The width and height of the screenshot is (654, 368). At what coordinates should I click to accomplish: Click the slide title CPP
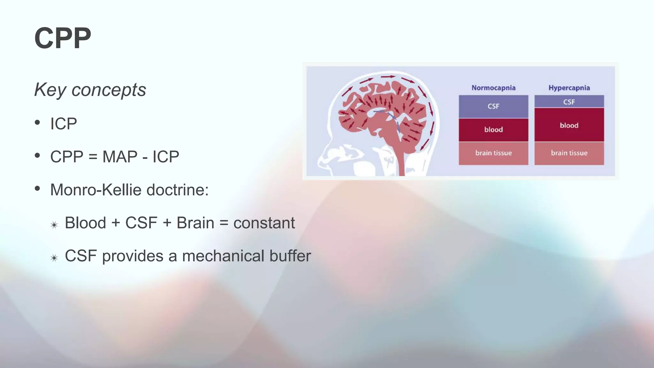coord(63,38)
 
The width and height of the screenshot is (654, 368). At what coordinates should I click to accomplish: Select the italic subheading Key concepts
coord(90,90)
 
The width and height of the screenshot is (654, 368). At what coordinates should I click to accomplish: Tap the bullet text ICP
coord(64,124)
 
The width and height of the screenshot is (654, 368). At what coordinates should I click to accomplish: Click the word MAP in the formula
coord(120,157)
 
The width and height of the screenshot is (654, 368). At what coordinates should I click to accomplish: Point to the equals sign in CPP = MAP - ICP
coord(93,157)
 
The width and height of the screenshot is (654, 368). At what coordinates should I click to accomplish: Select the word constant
coord(264,223)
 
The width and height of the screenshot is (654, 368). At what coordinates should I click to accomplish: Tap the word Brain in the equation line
coord(195,223)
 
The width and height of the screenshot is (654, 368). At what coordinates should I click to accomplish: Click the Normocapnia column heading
coord(493,88)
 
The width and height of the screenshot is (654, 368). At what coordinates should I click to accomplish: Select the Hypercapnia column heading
coord(569,88)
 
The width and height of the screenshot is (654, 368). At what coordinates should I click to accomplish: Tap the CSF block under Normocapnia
coord(493,106)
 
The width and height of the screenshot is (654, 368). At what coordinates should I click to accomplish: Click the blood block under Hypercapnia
coord(569,125)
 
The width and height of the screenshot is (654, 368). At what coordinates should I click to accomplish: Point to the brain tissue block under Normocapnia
coord(493,153)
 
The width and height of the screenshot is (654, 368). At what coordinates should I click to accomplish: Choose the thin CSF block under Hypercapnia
coord(569,102)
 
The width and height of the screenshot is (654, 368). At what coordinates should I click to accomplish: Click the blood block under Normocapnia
coord(493,130)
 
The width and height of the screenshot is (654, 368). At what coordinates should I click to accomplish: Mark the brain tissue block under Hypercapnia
coord(569,153)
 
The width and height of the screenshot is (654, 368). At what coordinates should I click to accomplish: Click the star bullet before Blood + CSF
coord(54,225)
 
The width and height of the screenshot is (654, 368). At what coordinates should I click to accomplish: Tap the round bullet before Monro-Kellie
coord(38,188)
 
